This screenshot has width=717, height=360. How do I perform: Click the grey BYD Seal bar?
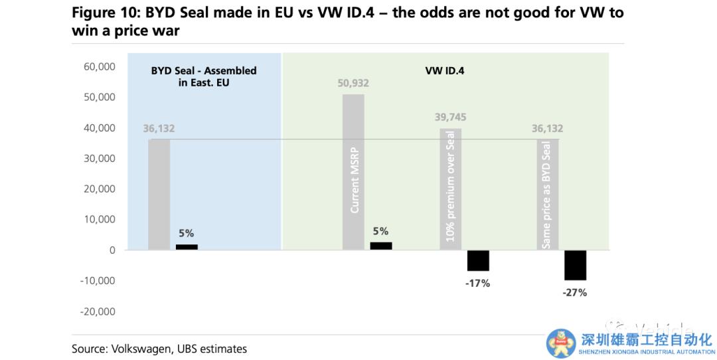[x=159, y=194]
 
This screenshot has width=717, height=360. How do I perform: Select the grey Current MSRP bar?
[x=353, y=172]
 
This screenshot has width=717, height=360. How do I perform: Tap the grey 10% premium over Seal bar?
[x=450, y=189]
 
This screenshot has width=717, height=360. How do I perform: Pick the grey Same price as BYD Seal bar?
[x=548, y=194]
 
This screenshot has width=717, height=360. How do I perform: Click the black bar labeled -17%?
[x=478, y=260]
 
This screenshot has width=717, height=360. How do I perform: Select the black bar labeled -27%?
[x=575, y=265]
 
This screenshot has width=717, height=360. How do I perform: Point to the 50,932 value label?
[x=353, y=84]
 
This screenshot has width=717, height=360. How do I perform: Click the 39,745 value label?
[x=450, y=118]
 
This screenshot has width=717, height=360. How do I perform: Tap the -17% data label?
[x=478, y=283]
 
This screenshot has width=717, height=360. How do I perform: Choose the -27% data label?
[x=575, y=292]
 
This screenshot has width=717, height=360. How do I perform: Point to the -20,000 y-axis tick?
[x=98, y=312]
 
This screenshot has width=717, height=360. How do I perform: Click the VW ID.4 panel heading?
[x=444, y=70]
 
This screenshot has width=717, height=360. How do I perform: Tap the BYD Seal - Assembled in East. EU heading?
[x=203, y=76]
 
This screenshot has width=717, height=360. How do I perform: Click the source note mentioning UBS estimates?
[x=159, y=349]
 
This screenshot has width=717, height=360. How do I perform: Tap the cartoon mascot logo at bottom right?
[x=562, y=343]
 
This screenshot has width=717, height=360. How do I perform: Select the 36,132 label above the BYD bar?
[x=159, y=128]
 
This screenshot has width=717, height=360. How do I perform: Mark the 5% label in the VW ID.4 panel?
[x=380, y=231]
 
